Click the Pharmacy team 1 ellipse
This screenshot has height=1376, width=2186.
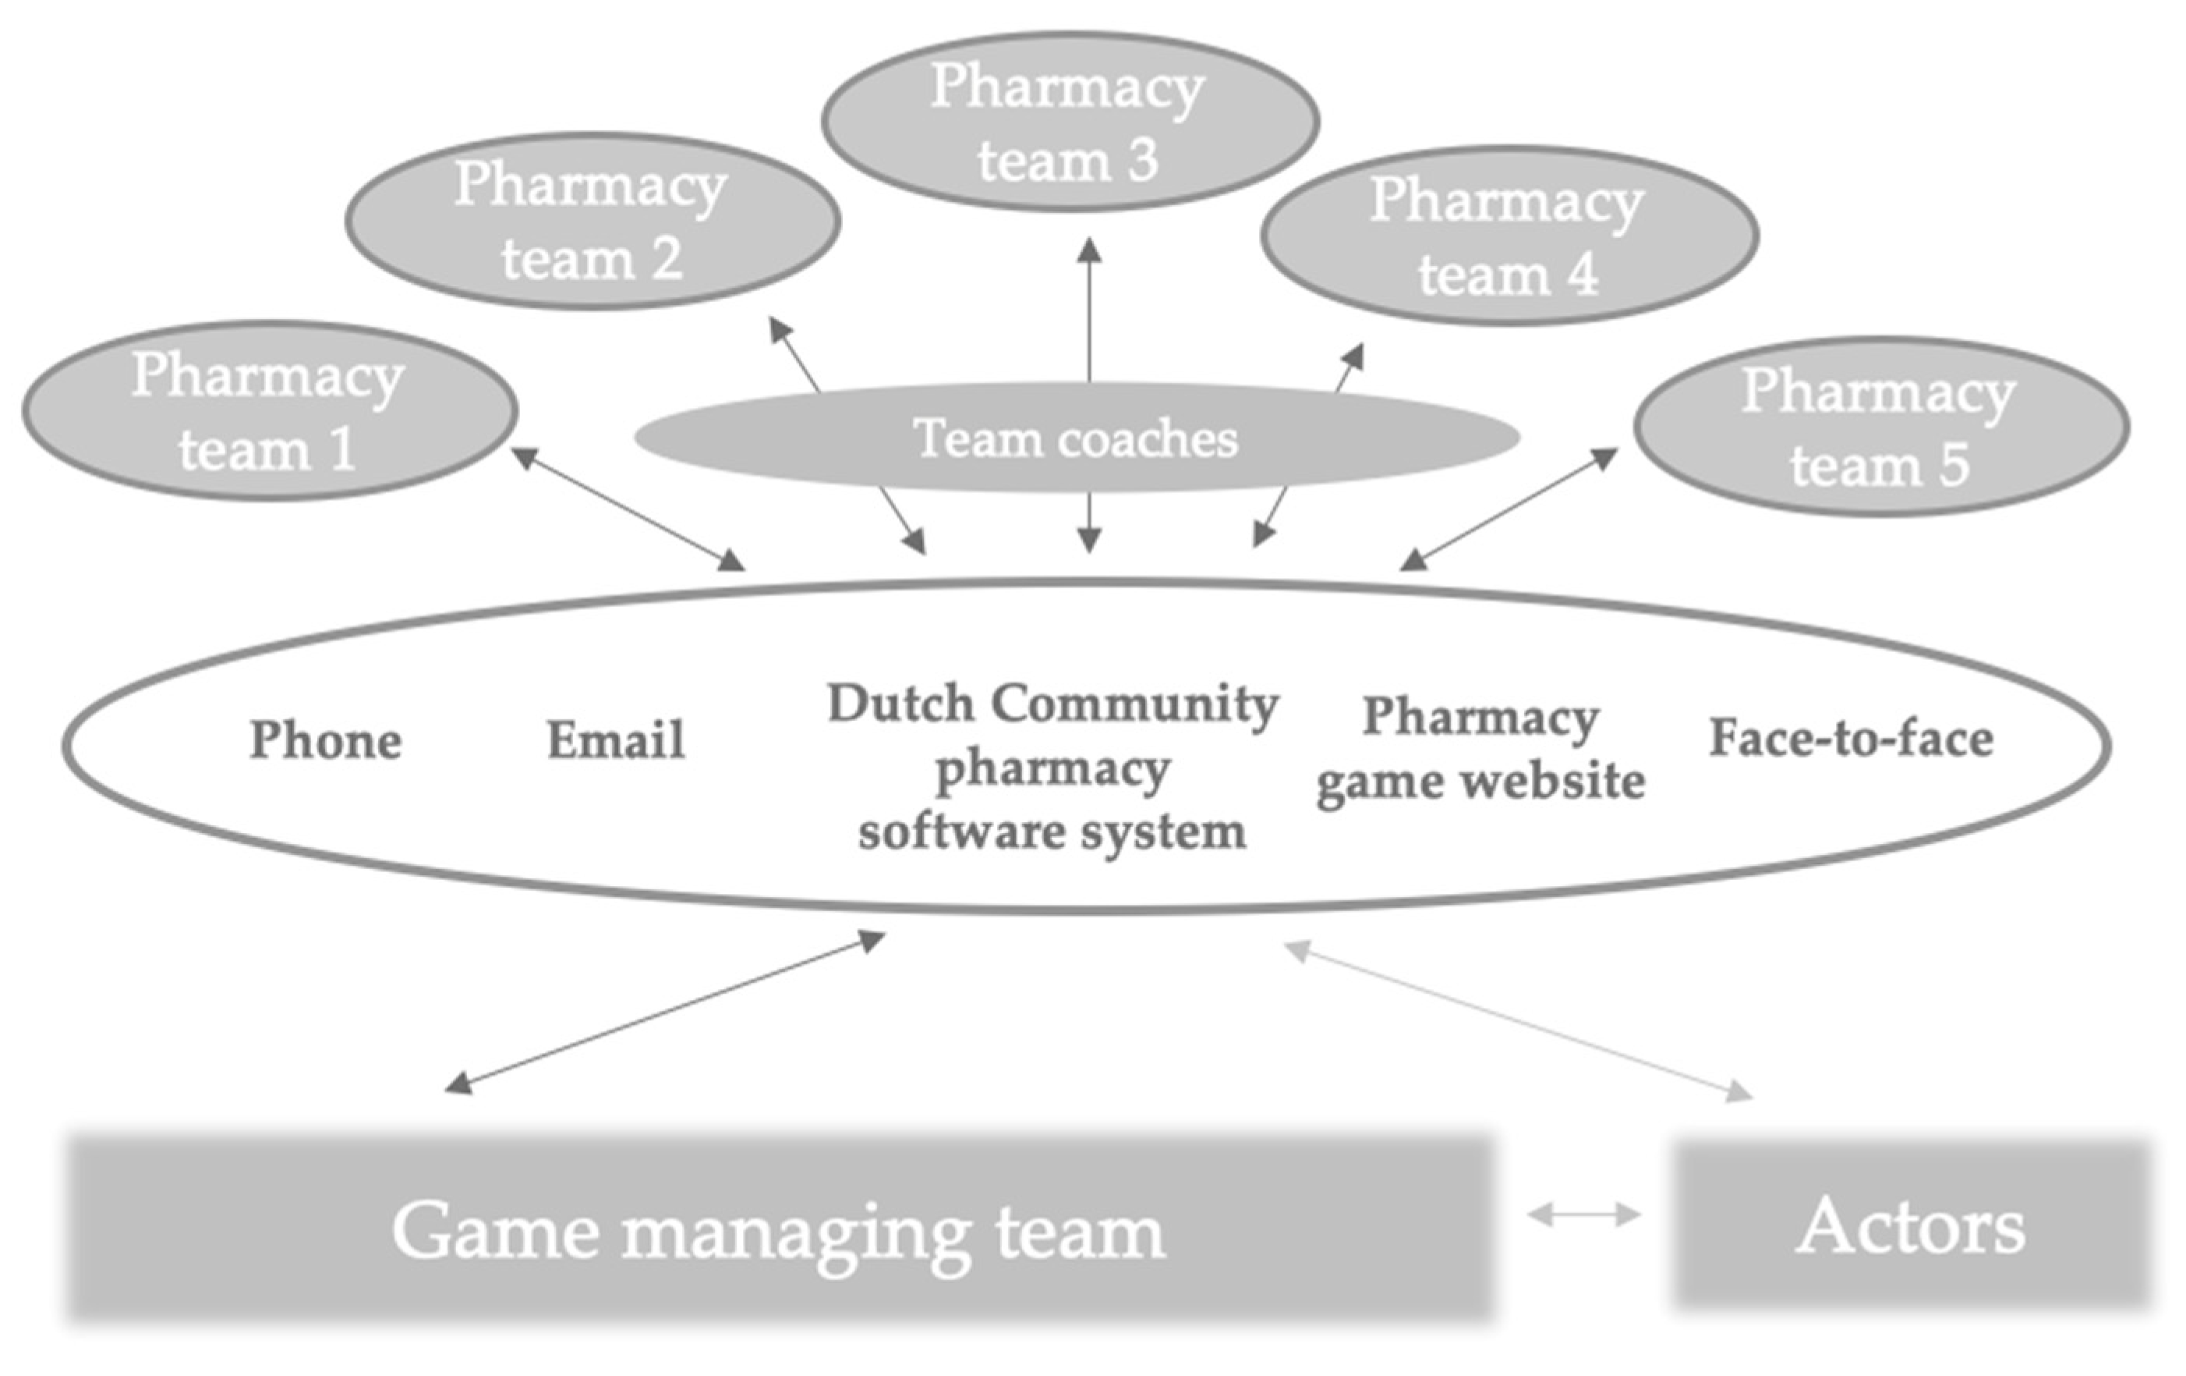coord(270,410)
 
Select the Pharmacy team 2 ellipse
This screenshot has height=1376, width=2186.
coord(592,221)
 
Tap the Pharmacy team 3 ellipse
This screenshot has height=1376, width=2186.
coord(1070,122)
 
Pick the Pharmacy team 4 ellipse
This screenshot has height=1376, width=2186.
coord(1509,236)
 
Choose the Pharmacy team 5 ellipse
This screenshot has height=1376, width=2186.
coord(1881,426)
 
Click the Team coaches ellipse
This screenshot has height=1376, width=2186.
coord(1076,438)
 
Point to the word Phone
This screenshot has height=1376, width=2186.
coord(326,739)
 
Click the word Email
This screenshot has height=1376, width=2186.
coord(615,739)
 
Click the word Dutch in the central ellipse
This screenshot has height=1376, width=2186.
coord(900,704)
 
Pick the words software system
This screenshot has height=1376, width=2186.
coord(1051,831)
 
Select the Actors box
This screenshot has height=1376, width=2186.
coord(1912,1226)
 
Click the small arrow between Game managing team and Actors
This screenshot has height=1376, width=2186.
coord(1584,1214)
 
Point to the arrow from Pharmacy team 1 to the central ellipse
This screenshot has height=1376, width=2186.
coord(628,509)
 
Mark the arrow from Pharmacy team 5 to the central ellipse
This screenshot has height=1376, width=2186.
coord(1509,509)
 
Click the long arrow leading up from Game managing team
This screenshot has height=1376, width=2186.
coord(664,1012)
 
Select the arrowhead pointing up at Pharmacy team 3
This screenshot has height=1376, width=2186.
coord(1088,249)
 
